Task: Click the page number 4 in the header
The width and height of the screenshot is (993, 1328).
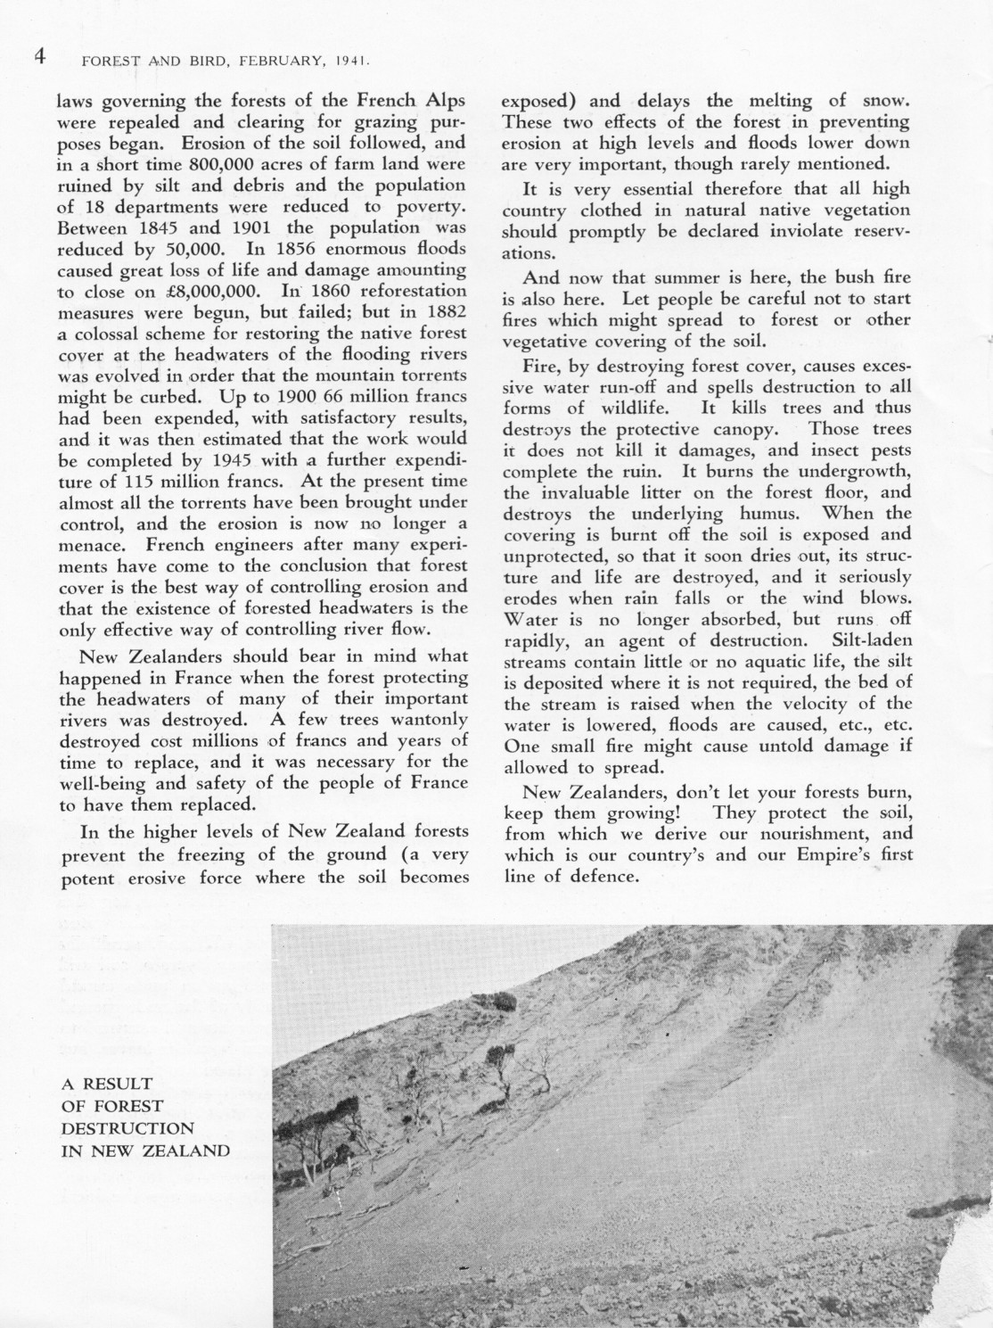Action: pyautogui.click(x=39, y=57)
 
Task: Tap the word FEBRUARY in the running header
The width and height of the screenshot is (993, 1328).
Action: pyautogui.click(x=265, y=62)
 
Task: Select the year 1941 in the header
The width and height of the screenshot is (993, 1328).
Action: pyautogui.click(x=351, y=62)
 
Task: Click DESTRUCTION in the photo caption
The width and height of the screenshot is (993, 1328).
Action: pyautogui.click(x=127, y=1127)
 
